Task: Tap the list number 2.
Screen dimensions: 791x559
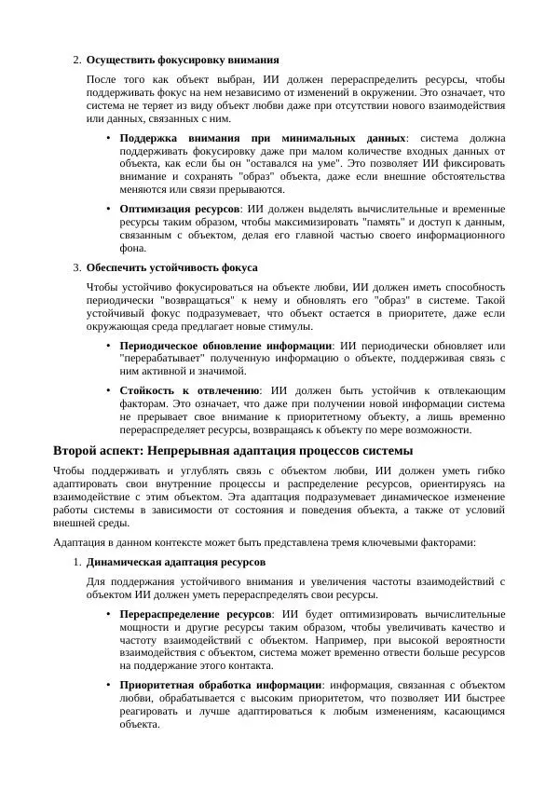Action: click(x=75, y=61)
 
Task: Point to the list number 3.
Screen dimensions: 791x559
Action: click(x=75, y=267)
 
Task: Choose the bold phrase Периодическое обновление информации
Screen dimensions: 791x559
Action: click(x=226, y=346)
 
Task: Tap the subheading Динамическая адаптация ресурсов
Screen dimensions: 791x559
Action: click(x=176, y=563)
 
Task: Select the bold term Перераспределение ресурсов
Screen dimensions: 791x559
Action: click(x=196, y=615)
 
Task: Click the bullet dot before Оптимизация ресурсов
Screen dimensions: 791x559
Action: click(x=109, y=209)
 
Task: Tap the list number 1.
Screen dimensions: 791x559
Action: click(x=75, y=563)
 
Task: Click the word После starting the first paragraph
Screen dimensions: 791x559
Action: click(x=102, y=80)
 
